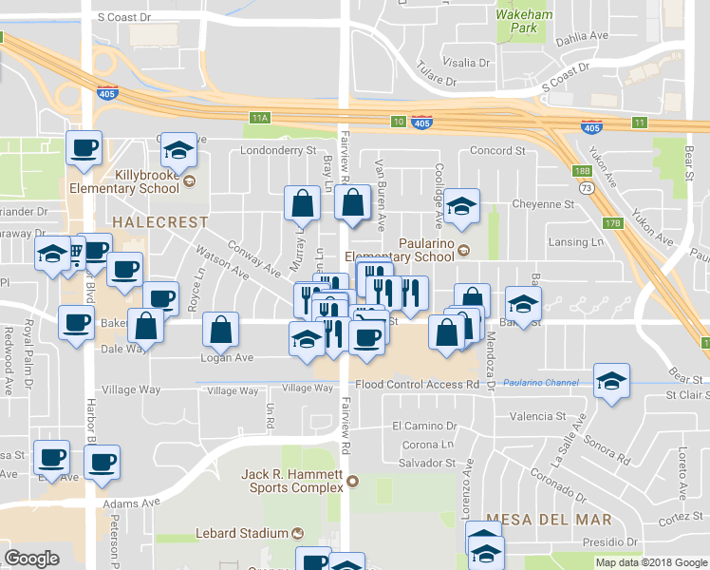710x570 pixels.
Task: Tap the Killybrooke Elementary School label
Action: pos(146,181)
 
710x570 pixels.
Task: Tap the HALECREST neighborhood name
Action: pos(146,221)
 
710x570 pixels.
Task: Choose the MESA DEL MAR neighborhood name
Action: pos(548,520)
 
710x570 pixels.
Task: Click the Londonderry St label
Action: pos(278,150)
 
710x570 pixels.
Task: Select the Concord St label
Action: pos(497,150)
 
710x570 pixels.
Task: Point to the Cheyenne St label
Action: pos(543,203)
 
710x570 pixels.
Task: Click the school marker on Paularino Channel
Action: pos(611,381)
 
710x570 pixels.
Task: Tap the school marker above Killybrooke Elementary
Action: pos(177,150)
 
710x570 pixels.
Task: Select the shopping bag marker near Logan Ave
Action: pos(220,331)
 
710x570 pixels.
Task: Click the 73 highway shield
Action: pos(589,188)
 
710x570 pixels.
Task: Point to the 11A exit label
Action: pos(260,118)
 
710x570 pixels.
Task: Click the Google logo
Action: pos(32,559)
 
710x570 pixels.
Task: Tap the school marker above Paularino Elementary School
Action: pos(461,206)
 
